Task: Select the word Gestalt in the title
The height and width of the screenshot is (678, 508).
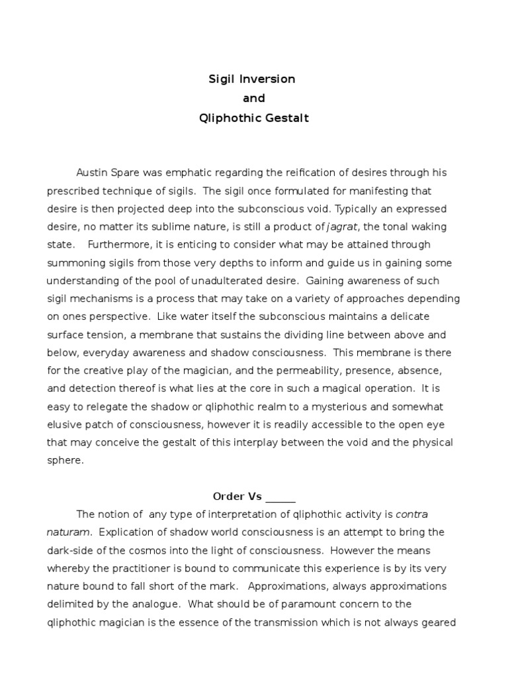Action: (284, 119)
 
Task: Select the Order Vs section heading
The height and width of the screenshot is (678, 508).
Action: (237, 496)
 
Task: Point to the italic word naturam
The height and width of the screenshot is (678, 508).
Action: (69, 532)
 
